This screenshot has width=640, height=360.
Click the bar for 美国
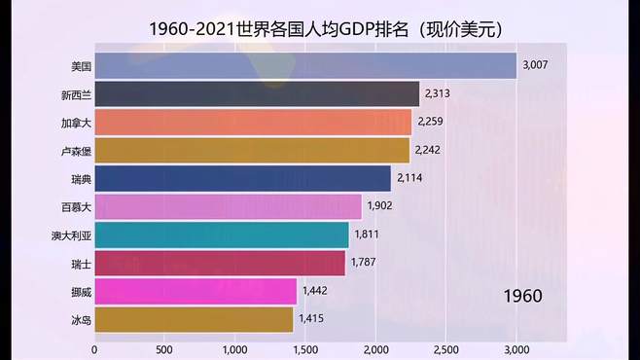tap(305, 66)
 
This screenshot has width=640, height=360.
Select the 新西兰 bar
tap(257, 94)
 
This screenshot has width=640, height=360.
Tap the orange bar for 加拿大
tap(253, 123)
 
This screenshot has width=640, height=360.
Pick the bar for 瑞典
tap(243, 179)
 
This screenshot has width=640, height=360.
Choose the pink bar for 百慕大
tap(228, 207)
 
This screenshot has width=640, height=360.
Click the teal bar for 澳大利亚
tap(222, 235)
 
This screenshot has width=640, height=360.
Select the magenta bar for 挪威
tap(196, 291)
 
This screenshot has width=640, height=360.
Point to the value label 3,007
tap(536, 66)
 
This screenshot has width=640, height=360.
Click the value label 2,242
tap(428, 151)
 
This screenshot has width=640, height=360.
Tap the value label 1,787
tap(364, 263)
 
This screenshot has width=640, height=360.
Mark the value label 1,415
tap(312, 319)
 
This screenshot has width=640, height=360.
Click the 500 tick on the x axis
tap(164, 349)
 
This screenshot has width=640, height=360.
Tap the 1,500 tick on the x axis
tap(305, 349)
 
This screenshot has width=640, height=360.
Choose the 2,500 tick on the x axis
tap(446, 349)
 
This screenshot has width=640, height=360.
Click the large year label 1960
tap(522, 296)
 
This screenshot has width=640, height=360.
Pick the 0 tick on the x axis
tap(94, 349)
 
